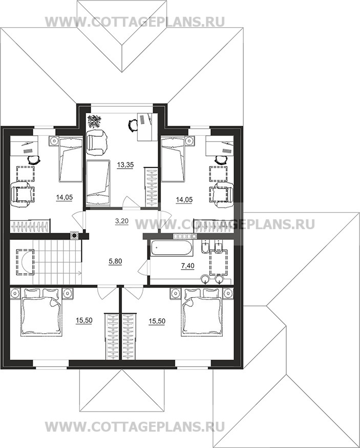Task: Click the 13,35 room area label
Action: tap(125, 165)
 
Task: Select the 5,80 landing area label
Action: tap(115, 261)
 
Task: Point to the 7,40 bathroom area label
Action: tap(188, 266)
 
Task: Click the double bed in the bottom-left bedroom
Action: tap(41, 312)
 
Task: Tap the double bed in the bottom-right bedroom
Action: tap(202, 312)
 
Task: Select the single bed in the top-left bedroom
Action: tap(70, 159)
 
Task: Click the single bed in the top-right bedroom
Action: tap(173, 159)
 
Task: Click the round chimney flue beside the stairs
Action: tap(75, 236)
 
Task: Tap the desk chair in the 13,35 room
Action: tap(132, 125)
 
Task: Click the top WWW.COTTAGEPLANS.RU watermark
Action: tap(135, 22)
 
